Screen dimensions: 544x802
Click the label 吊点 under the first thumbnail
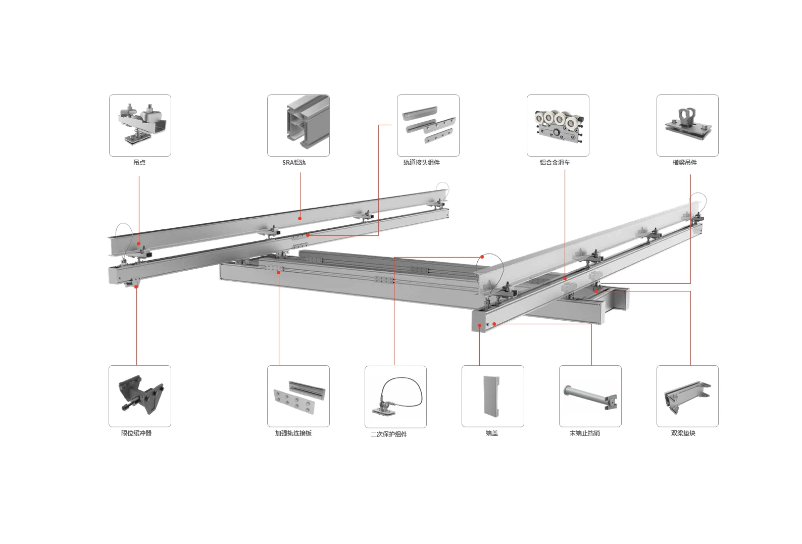pos(139,163)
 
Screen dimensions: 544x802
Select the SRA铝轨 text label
pos(294,163)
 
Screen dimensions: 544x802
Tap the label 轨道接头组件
pos(422,163)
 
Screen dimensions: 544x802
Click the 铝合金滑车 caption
pos(555,163)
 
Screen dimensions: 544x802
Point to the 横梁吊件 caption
pos(685,163)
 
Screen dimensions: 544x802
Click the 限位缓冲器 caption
pos(136,433)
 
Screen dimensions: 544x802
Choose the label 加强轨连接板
pos(293,433)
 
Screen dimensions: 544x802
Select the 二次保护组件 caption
pos(389,434)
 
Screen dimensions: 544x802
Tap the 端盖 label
pos(492,433)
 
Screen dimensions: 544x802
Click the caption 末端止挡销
pos(585,433)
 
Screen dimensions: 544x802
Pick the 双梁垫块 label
pos(683,433)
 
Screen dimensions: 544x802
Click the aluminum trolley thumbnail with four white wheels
pos(558,126)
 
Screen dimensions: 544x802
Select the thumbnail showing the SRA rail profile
pos(298,126)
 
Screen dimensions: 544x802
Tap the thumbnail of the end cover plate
pos(493,397)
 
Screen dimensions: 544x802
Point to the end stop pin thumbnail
pos(590,397)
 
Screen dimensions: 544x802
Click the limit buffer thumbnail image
pos(140,397)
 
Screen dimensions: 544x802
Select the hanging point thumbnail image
pos(140,126)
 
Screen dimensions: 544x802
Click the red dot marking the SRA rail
pos(300,218)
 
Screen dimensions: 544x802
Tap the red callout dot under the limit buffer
pos(136,286)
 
